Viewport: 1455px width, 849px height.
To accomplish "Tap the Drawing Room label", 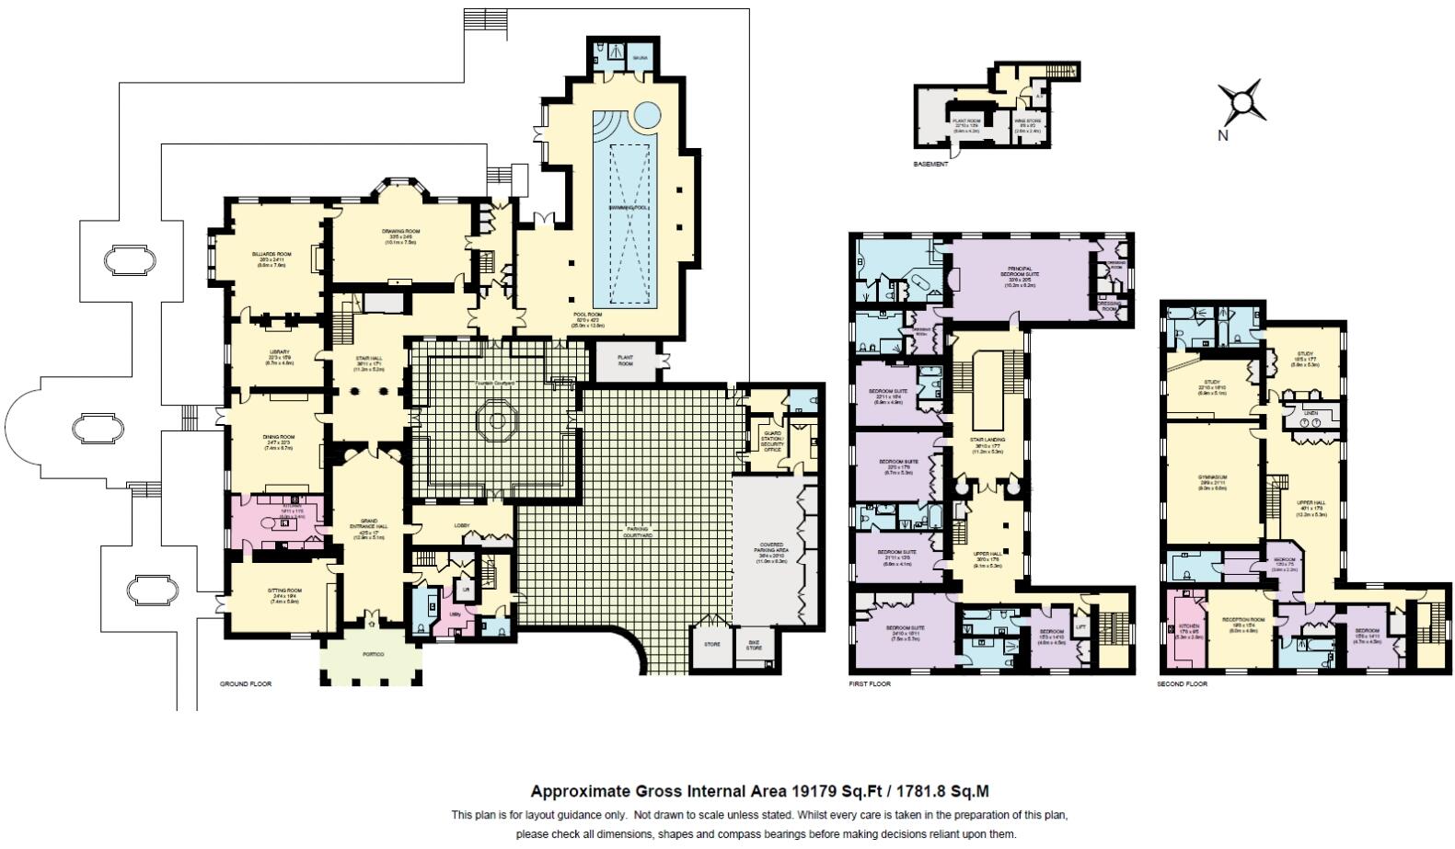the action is [400, 231].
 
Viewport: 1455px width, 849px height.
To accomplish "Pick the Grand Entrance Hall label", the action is [369, 526].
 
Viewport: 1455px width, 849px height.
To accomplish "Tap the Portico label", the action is [372, 653].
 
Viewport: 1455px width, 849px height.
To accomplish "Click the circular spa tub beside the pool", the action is [649, 115].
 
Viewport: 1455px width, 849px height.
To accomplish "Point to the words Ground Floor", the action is [246, 684].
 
